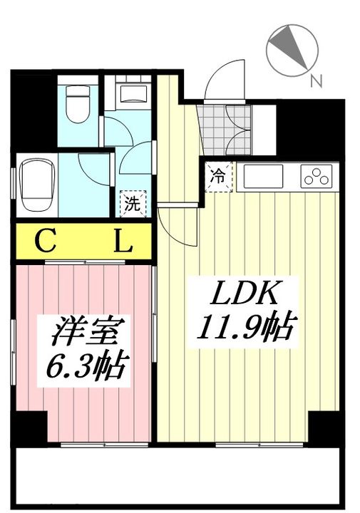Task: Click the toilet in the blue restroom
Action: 78,104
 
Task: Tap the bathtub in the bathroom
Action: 36,185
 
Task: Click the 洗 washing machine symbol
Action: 133,204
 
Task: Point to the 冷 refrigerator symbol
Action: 218,177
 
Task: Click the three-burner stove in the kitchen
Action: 316,176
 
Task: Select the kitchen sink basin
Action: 263,177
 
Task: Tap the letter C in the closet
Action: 46,241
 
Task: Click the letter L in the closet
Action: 123,241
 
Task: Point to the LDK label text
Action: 245,293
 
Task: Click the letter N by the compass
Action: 316,81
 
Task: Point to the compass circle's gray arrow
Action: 288,46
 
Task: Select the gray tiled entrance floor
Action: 227,130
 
